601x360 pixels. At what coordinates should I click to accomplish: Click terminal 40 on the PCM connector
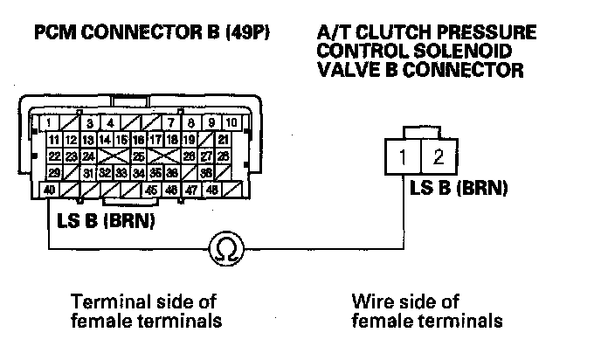50,189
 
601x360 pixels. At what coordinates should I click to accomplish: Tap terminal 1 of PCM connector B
52,122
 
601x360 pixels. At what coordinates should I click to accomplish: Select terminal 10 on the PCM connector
232,122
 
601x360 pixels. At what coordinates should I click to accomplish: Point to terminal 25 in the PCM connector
138,156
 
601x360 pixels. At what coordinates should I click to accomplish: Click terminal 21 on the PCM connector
224,139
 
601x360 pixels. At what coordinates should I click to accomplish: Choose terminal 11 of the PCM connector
53,139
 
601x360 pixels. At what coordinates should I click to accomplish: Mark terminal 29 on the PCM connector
53,172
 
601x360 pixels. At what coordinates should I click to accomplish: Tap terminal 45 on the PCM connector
151,189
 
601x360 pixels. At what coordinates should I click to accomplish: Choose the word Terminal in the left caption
103,302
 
